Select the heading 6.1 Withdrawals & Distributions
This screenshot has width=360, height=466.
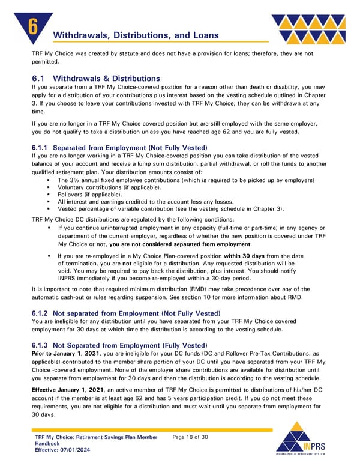click(96, 79)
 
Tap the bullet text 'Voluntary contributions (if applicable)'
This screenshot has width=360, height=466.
click(109, 187)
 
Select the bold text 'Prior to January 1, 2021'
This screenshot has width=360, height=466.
click(67, 354)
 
